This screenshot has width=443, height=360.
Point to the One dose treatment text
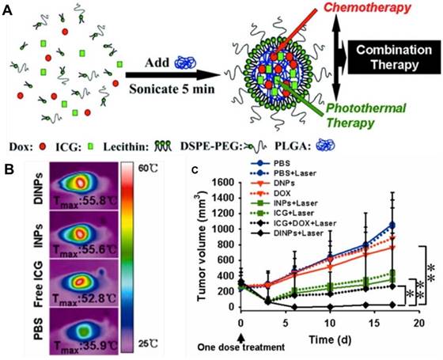240,347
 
